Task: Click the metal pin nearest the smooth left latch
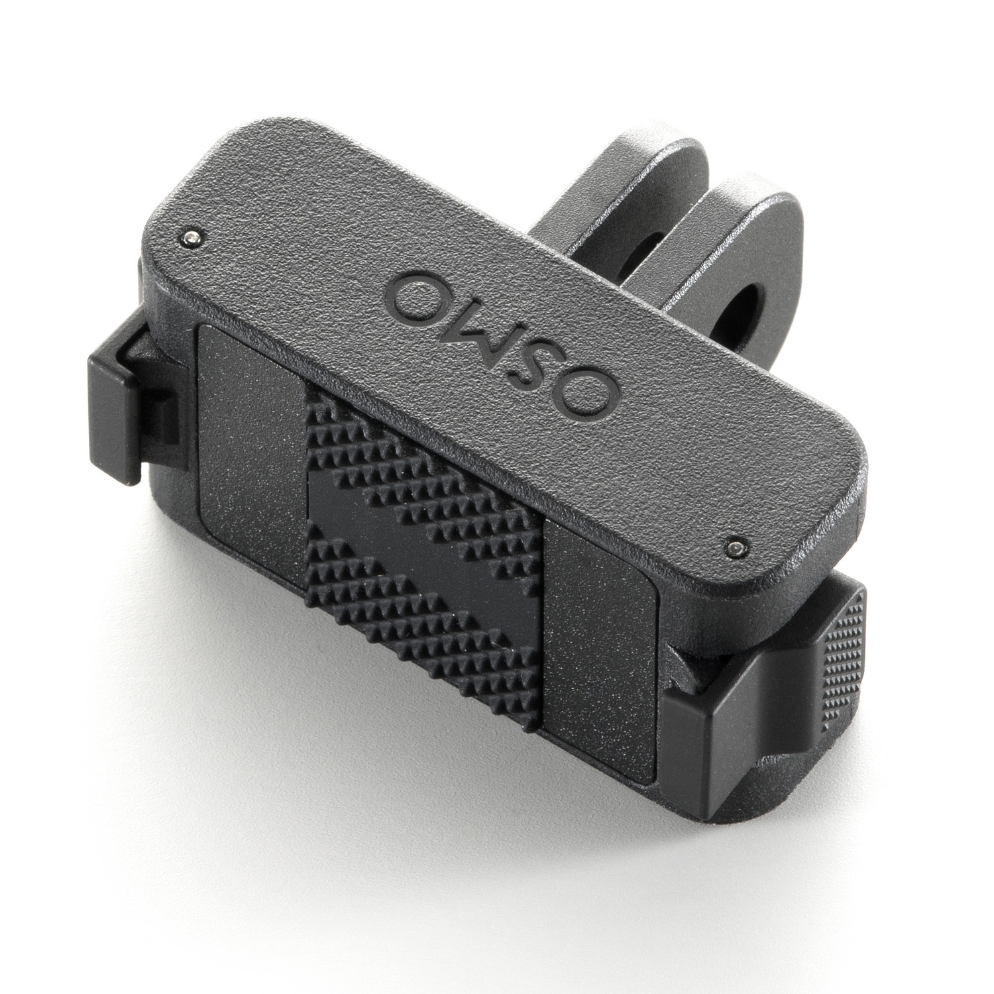191,237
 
